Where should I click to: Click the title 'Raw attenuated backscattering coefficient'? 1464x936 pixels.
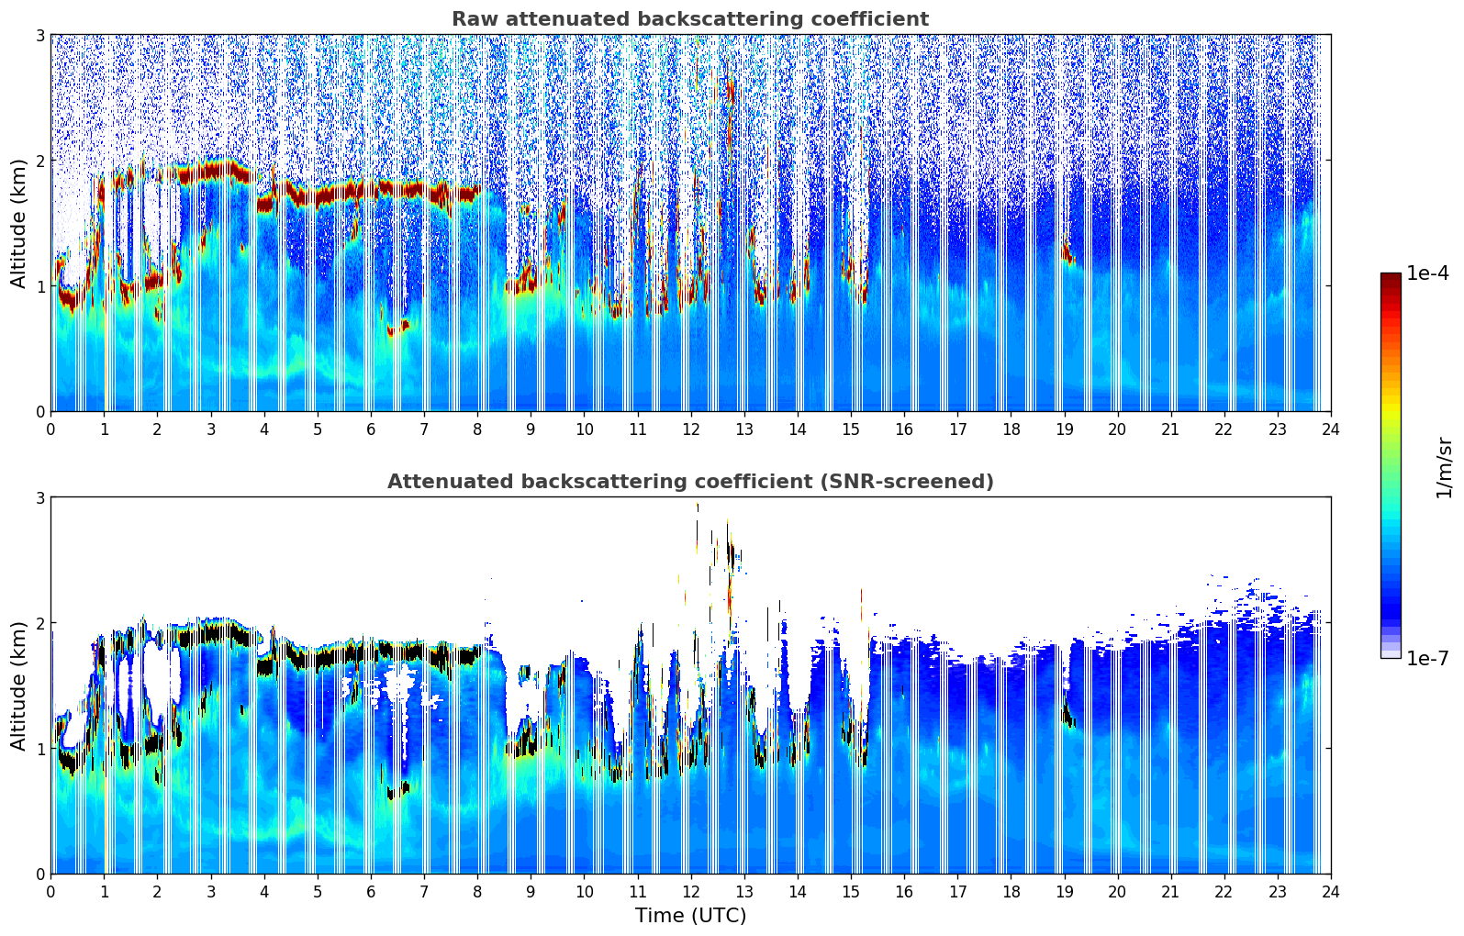pos(689,19)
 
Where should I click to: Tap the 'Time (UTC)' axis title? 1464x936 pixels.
pos(690,915)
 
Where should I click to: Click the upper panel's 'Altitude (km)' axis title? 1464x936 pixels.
pos(18,223)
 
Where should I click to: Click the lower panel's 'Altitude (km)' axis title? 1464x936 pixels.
pos(18,685)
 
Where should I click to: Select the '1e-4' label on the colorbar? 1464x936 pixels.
pos(1427,273)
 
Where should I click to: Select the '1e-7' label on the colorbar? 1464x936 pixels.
pos(1427,658)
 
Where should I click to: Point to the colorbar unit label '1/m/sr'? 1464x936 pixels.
pos(1444,467)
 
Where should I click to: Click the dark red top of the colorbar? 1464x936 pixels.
pos(1390,276)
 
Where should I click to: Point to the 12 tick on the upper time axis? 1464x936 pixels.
pos(690,429)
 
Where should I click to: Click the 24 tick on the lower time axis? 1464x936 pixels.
pos(1330,891)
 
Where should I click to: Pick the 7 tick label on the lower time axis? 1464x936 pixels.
pos(424,891)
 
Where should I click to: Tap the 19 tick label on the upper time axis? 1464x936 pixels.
pos(1064,429)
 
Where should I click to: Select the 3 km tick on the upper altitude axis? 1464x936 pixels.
pos(39,35)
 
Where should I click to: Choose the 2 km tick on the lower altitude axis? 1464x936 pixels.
pos(39,623)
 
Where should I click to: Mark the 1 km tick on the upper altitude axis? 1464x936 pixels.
pos(39,286)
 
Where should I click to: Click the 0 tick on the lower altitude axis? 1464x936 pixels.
pos(39,874)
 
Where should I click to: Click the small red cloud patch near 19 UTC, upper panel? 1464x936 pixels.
pos(1067,254)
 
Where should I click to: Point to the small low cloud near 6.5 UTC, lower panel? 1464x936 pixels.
pos(397,789)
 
